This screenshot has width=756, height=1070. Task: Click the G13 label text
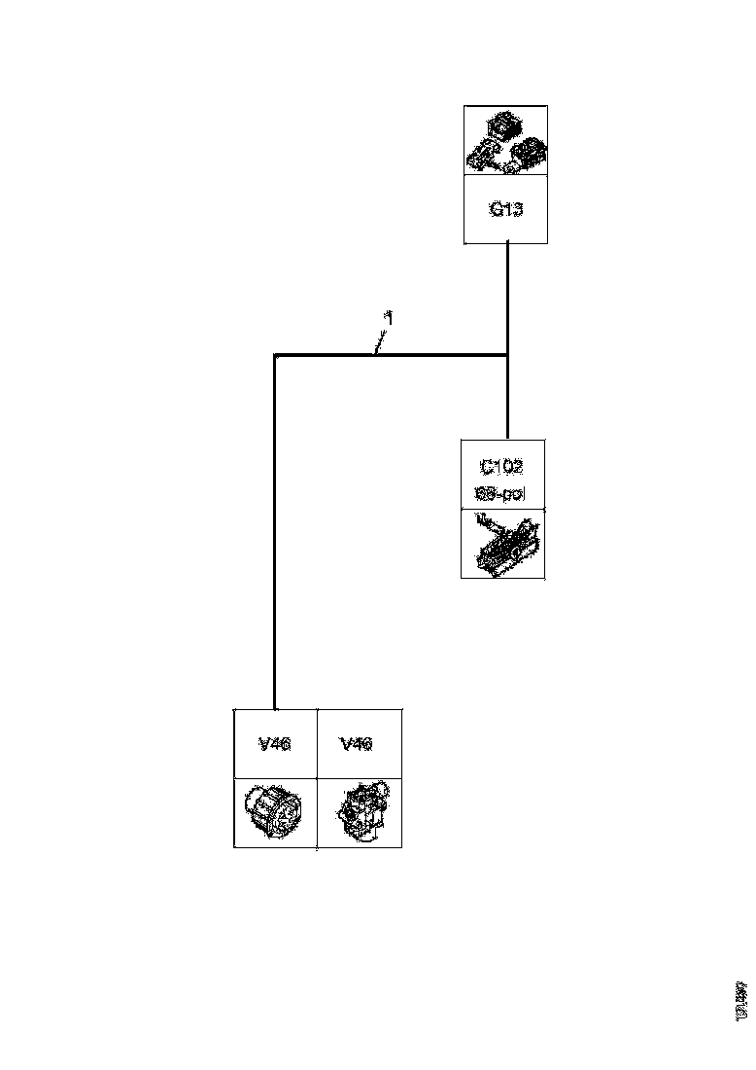point(504,209)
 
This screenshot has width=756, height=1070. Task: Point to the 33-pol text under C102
point(501,493)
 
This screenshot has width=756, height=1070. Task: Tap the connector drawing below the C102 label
point(503,544)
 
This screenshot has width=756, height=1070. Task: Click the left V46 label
point(275,744)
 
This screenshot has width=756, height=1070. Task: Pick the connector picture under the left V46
point(275,812)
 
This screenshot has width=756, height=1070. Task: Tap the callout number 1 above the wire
point(388,317)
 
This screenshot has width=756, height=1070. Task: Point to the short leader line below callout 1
point(381,339)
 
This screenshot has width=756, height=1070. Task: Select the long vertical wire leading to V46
point(275,535)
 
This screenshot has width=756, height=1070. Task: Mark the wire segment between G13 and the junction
point(508,297)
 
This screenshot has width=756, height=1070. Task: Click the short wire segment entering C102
point(508,399)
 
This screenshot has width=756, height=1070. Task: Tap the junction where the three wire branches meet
point(508,355)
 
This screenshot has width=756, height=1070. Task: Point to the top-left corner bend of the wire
point(276,356)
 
